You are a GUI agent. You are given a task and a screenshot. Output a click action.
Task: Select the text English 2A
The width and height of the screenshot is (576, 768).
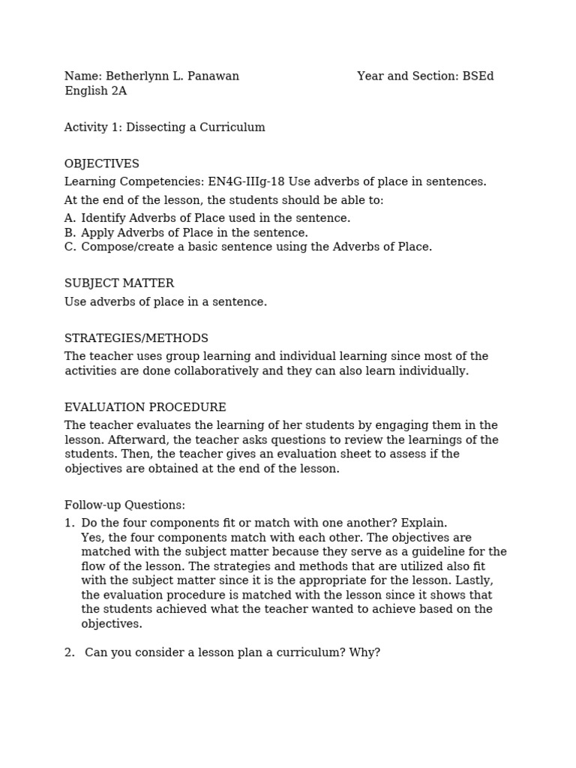click(95, 91)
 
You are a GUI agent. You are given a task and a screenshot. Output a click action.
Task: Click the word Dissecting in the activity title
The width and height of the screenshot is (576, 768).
click(156, 127)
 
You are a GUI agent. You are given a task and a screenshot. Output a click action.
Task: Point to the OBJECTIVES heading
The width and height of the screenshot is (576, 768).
click(102, 163)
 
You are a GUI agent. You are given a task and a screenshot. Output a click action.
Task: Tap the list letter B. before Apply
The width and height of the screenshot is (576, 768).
click(70, 232)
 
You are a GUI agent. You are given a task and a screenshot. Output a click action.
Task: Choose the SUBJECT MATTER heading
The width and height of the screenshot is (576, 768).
click(119, 283)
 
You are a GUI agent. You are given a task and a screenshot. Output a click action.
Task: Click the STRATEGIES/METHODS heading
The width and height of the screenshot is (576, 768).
click(136, 338)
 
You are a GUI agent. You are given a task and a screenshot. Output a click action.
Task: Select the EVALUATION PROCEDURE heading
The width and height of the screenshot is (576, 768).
click(145, 407)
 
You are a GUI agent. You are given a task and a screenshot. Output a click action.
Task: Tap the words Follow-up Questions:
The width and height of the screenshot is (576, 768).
click(124, 505)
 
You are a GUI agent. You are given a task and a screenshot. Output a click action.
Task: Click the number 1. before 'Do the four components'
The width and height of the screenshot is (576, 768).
click(69, 523)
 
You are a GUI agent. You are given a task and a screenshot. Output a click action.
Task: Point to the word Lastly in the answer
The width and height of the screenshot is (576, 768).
click(473, 580)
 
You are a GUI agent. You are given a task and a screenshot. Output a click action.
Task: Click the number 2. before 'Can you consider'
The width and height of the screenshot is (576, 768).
click(70, 652)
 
